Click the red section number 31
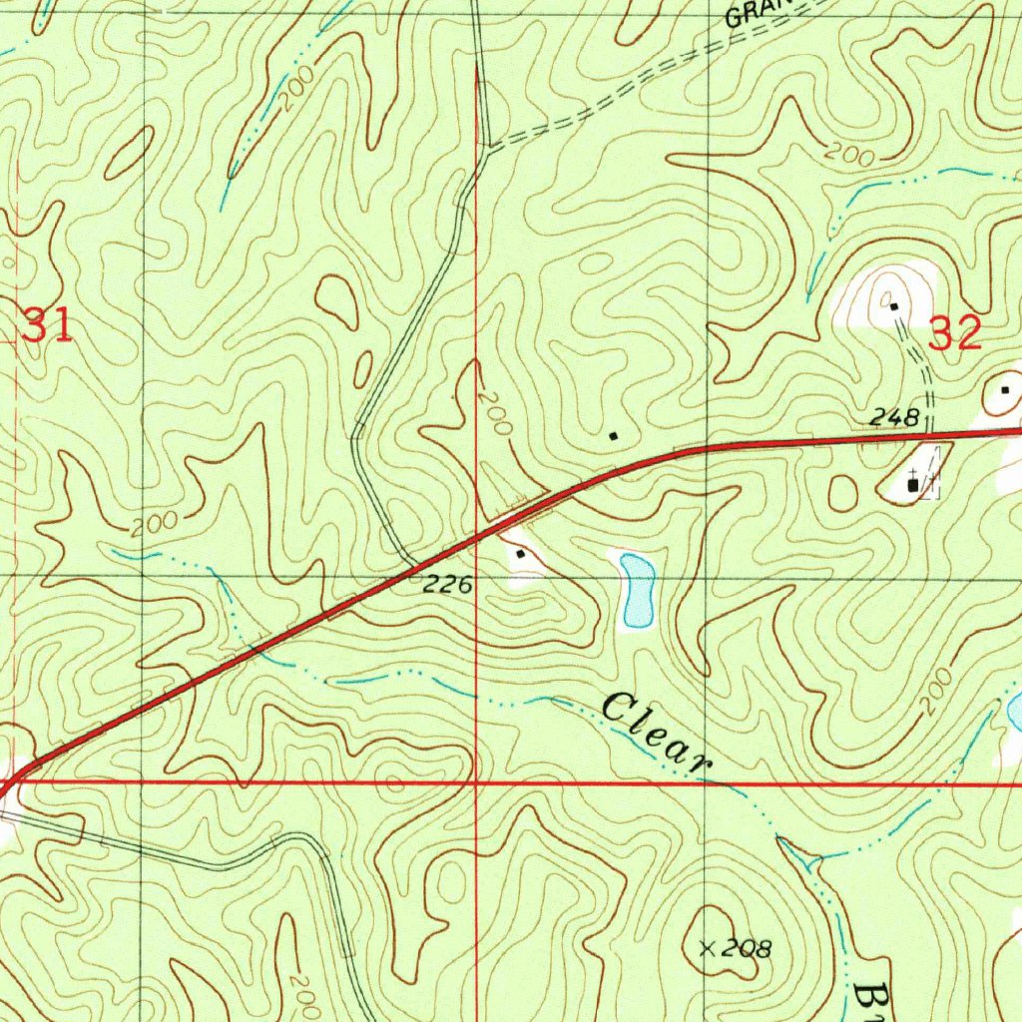point(47,326)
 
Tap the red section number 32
point(955,333)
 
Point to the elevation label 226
point(446,587)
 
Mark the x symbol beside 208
point(708,947)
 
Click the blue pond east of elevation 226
point(637,590)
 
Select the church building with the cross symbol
point(913,484)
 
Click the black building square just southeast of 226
point(520,552)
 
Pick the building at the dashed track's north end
point(893,305)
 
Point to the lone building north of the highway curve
point(613,435)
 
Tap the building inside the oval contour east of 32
point(1005,389)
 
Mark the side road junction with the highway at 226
point(415,575)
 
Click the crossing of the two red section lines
point(476,783)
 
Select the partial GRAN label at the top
point(755,12)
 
